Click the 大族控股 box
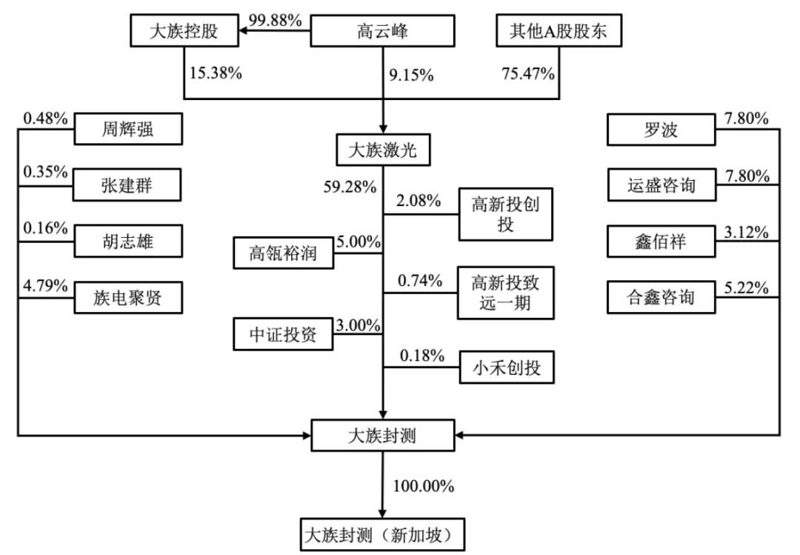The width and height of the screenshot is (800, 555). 184,31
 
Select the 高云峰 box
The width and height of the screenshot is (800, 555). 383,31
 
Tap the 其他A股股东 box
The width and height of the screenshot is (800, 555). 559,31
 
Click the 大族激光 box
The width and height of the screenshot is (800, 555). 383,150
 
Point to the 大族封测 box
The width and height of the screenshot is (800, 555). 383,436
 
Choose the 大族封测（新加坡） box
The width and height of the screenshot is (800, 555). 383,535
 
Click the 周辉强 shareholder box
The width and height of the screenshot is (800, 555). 128,129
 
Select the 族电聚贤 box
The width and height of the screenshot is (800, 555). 128,297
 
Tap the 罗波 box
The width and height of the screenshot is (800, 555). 661,130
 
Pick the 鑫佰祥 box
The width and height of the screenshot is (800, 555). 661,242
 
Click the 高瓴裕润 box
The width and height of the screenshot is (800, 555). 283,253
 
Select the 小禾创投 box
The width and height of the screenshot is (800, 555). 507,367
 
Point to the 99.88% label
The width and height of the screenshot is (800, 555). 276,20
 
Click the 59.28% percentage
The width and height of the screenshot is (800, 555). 350,187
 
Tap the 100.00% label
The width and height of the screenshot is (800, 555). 424,486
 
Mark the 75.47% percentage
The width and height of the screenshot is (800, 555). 528,73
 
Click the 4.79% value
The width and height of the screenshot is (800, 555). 45,285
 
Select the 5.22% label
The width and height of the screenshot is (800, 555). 747,288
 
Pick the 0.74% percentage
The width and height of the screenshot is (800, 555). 420,280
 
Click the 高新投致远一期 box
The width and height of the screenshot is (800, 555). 506,293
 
